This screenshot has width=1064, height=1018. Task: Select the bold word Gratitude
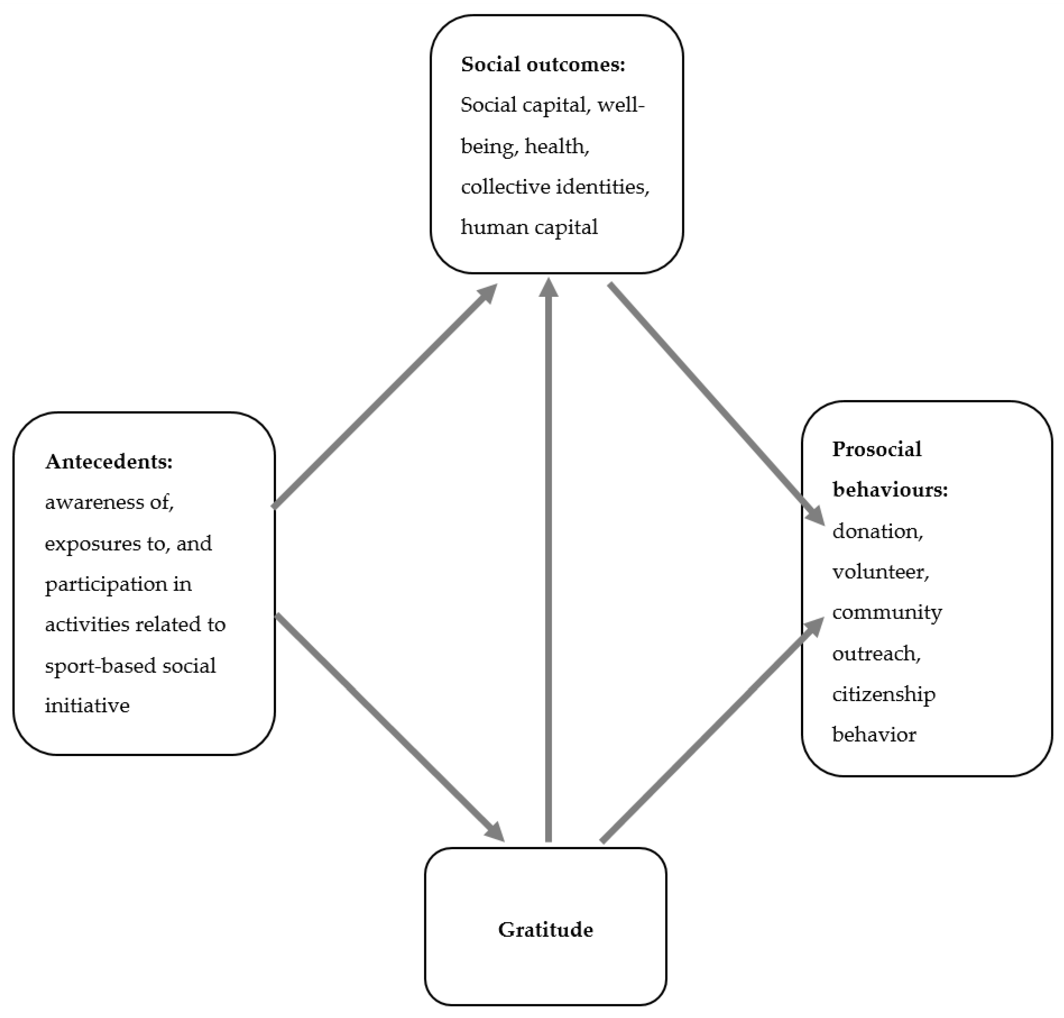pyautogui.click(x=545, y=930)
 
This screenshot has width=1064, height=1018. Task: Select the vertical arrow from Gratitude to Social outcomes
pyautogui.click(x=548, y=559)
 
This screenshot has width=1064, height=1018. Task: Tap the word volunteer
pyautogui.click(x=880, y=572)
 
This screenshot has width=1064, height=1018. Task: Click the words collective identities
pyautogui.click(x=554, y=187)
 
